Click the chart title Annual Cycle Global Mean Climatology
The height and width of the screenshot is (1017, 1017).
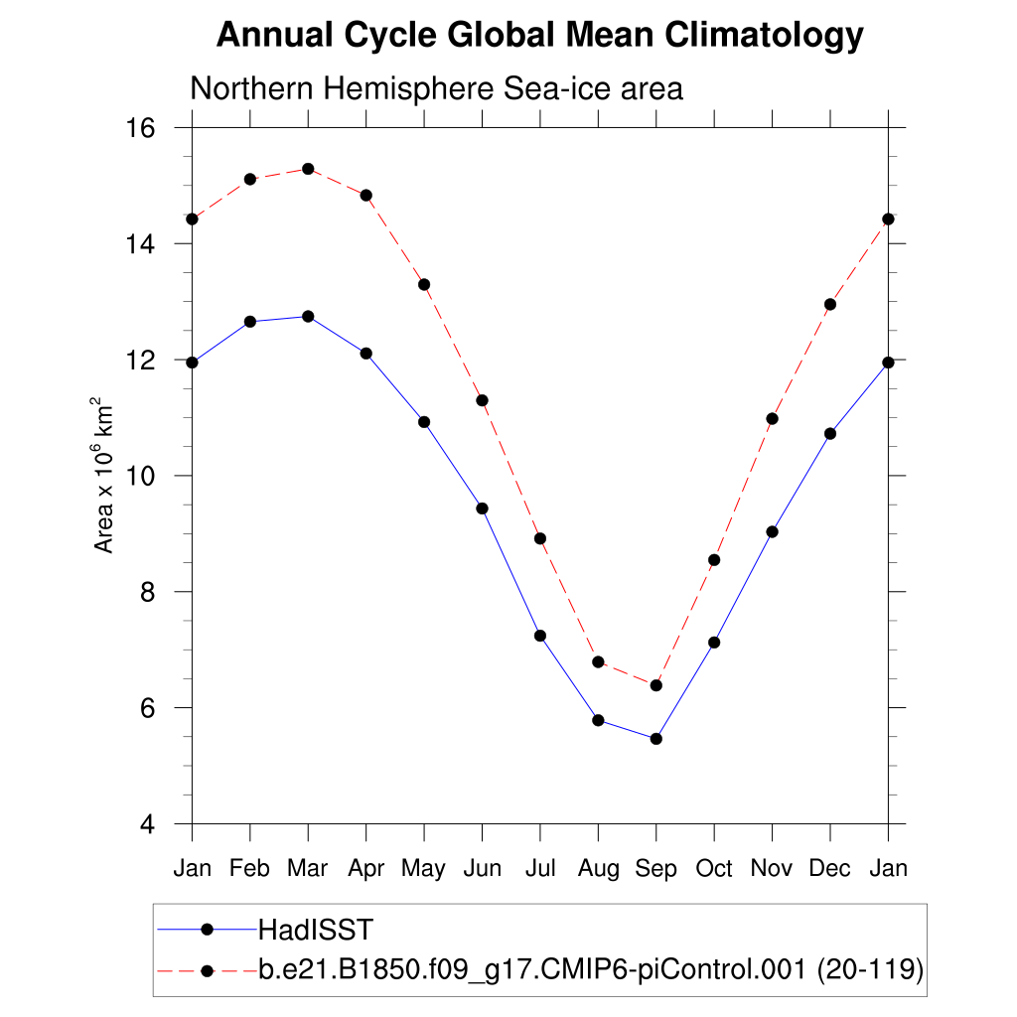point(539,36)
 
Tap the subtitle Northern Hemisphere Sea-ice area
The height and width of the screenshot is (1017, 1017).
point(436,88)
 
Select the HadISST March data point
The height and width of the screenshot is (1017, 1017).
point(308,317)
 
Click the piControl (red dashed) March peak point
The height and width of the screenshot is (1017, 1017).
point(308,169)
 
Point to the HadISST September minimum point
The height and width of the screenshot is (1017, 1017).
point(655,739)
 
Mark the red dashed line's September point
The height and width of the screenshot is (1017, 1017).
point(655,685)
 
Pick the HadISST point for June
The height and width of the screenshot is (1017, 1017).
point(482,508)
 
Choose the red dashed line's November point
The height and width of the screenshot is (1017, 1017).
point(772,418)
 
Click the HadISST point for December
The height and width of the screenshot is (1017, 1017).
point(830,434)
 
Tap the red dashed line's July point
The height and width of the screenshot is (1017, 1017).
point(540,538)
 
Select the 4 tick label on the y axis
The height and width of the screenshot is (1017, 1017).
point(149,824)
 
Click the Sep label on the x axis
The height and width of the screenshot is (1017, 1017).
point(655,869)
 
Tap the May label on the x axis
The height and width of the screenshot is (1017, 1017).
point(424,869)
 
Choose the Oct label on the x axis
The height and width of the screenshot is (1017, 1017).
point(714,869)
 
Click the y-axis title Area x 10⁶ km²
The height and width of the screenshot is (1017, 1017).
point(104,476)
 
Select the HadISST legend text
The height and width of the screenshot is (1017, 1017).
point(315,931)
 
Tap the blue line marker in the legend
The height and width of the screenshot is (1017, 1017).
point(208,930)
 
